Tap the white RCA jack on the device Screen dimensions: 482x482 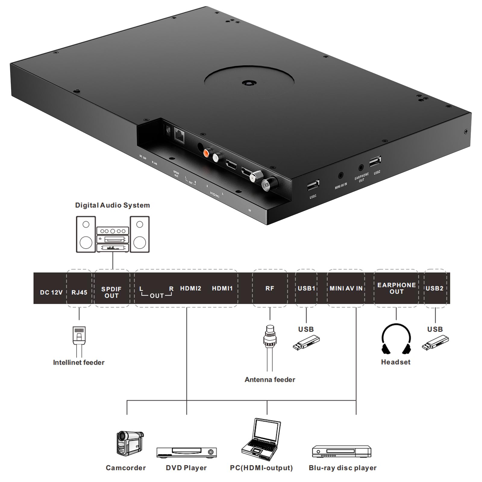click(217, 157)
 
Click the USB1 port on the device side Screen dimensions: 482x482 click(313, 185)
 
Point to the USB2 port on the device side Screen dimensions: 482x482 click(375, 161)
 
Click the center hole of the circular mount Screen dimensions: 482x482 click(249, 82)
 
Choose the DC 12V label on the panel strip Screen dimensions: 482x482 click(51, 292)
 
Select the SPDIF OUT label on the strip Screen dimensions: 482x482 click(111, 292)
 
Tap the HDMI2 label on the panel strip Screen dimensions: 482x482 click(190, 288)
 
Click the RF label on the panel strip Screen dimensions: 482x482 click(270, 288)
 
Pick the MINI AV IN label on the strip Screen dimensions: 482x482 click(346, 288)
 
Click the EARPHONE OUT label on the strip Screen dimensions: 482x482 click(396, 288)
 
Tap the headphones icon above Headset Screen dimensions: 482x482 click(396, 339)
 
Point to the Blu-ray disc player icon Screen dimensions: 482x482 click(341, 451)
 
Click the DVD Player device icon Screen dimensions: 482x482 click(186, 452)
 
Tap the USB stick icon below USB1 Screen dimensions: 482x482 click(306, 343)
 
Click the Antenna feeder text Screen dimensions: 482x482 click(270, 380)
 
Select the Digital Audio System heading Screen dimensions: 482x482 click(112, 205)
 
